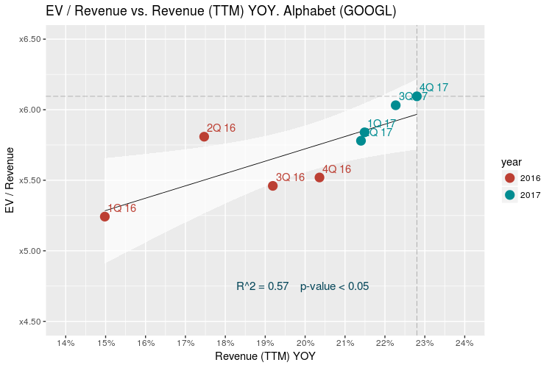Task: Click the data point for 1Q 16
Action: (x=105, y=216)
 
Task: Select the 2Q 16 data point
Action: (x=204, y=136)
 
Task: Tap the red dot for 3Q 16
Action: (x=273, y=185)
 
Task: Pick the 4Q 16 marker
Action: (x=319, y=177)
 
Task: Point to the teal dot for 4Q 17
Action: (x=417, y=96)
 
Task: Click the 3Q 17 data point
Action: (x=395, y=105)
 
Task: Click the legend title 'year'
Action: (x=512, y=161)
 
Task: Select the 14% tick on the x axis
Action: (x=66, y=343)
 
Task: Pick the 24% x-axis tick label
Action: (x=464, y=343)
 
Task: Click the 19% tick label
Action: (x=265, y=343)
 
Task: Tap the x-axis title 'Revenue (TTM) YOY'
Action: (x=264, y=357)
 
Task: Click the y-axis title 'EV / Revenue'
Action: (x=10, y=180)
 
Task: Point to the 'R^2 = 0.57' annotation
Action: (x=262, y=286)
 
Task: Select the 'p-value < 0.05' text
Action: (x=334, y=286)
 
